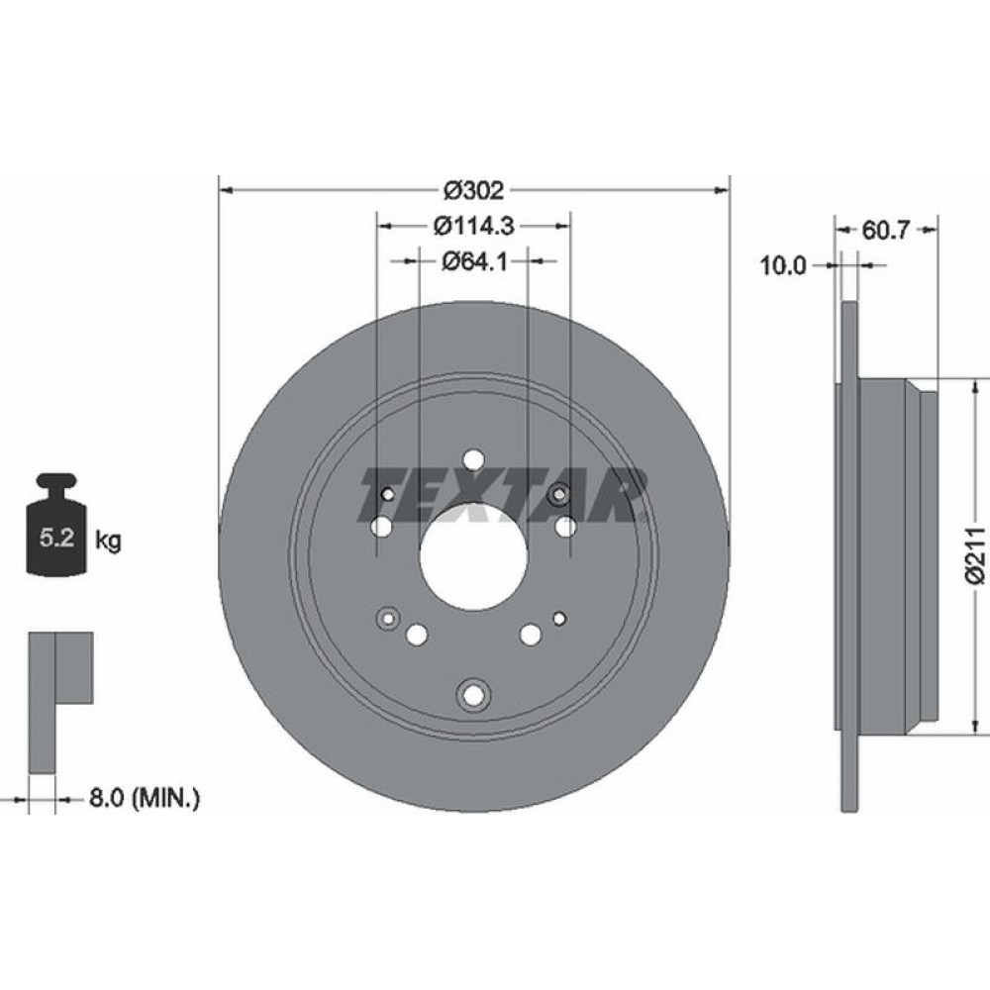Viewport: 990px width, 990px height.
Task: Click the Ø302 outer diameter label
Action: (474, 188)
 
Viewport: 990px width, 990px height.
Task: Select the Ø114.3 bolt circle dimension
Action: (473, 226)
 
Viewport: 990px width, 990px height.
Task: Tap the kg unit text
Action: (109, 541)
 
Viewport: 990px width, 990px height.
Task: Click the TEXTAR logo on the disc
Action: (503, 494)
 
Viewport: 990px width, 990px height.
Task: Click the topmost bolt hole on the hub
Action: (473, 460)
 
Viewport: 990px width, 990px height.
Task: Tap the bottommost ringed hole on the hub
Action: (474, 695)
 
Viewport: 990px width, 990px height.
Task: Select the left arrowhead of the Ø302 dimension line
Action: (225, 188)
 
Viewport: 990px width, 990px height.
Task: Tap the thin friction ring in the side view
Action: (846, 555)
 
